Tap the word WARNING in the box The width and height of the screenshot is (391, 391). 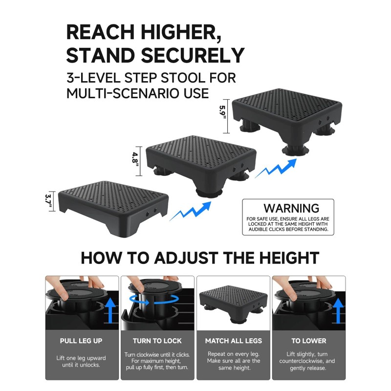[291, 209]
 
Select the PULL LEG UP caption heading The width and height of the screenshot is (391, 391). [81, 341]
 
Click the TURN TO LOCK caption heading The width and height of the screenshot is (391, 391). [157, 341]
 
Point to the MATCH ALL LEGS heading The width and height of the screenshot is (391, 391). [233, 341]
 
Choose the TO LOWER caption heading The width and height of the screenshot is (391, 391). [309, 341]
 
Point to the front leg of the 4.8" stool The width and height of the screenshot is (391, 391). [209, 188]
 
